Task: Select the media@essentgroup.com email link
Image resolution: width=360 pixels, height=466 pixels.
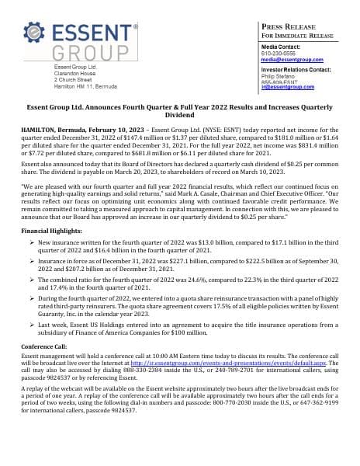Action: point(292,59)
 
